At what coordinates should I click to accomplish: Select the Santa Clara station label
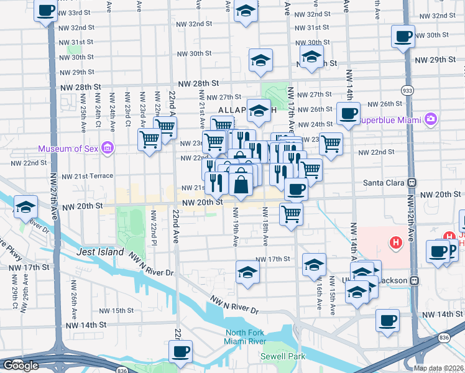(x=385, y=183)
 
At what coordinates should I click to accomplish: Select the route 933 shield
(x=408, y=90)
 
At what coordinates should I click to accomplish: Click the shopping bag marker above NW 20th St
(x=241, y=185)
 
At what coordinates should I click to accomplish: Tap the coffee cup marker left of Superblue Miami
(x=348, y=114)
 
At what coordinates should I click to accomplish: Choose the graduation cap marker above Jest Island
(x=25, y=206)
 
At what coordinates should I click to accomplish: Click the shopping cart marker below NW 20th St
(x=291, y=214)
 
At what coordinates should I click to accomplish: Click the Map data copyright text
(x=438, y=368)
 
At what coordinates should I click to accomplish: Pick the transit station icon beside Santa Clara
(x=411, y=183)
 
